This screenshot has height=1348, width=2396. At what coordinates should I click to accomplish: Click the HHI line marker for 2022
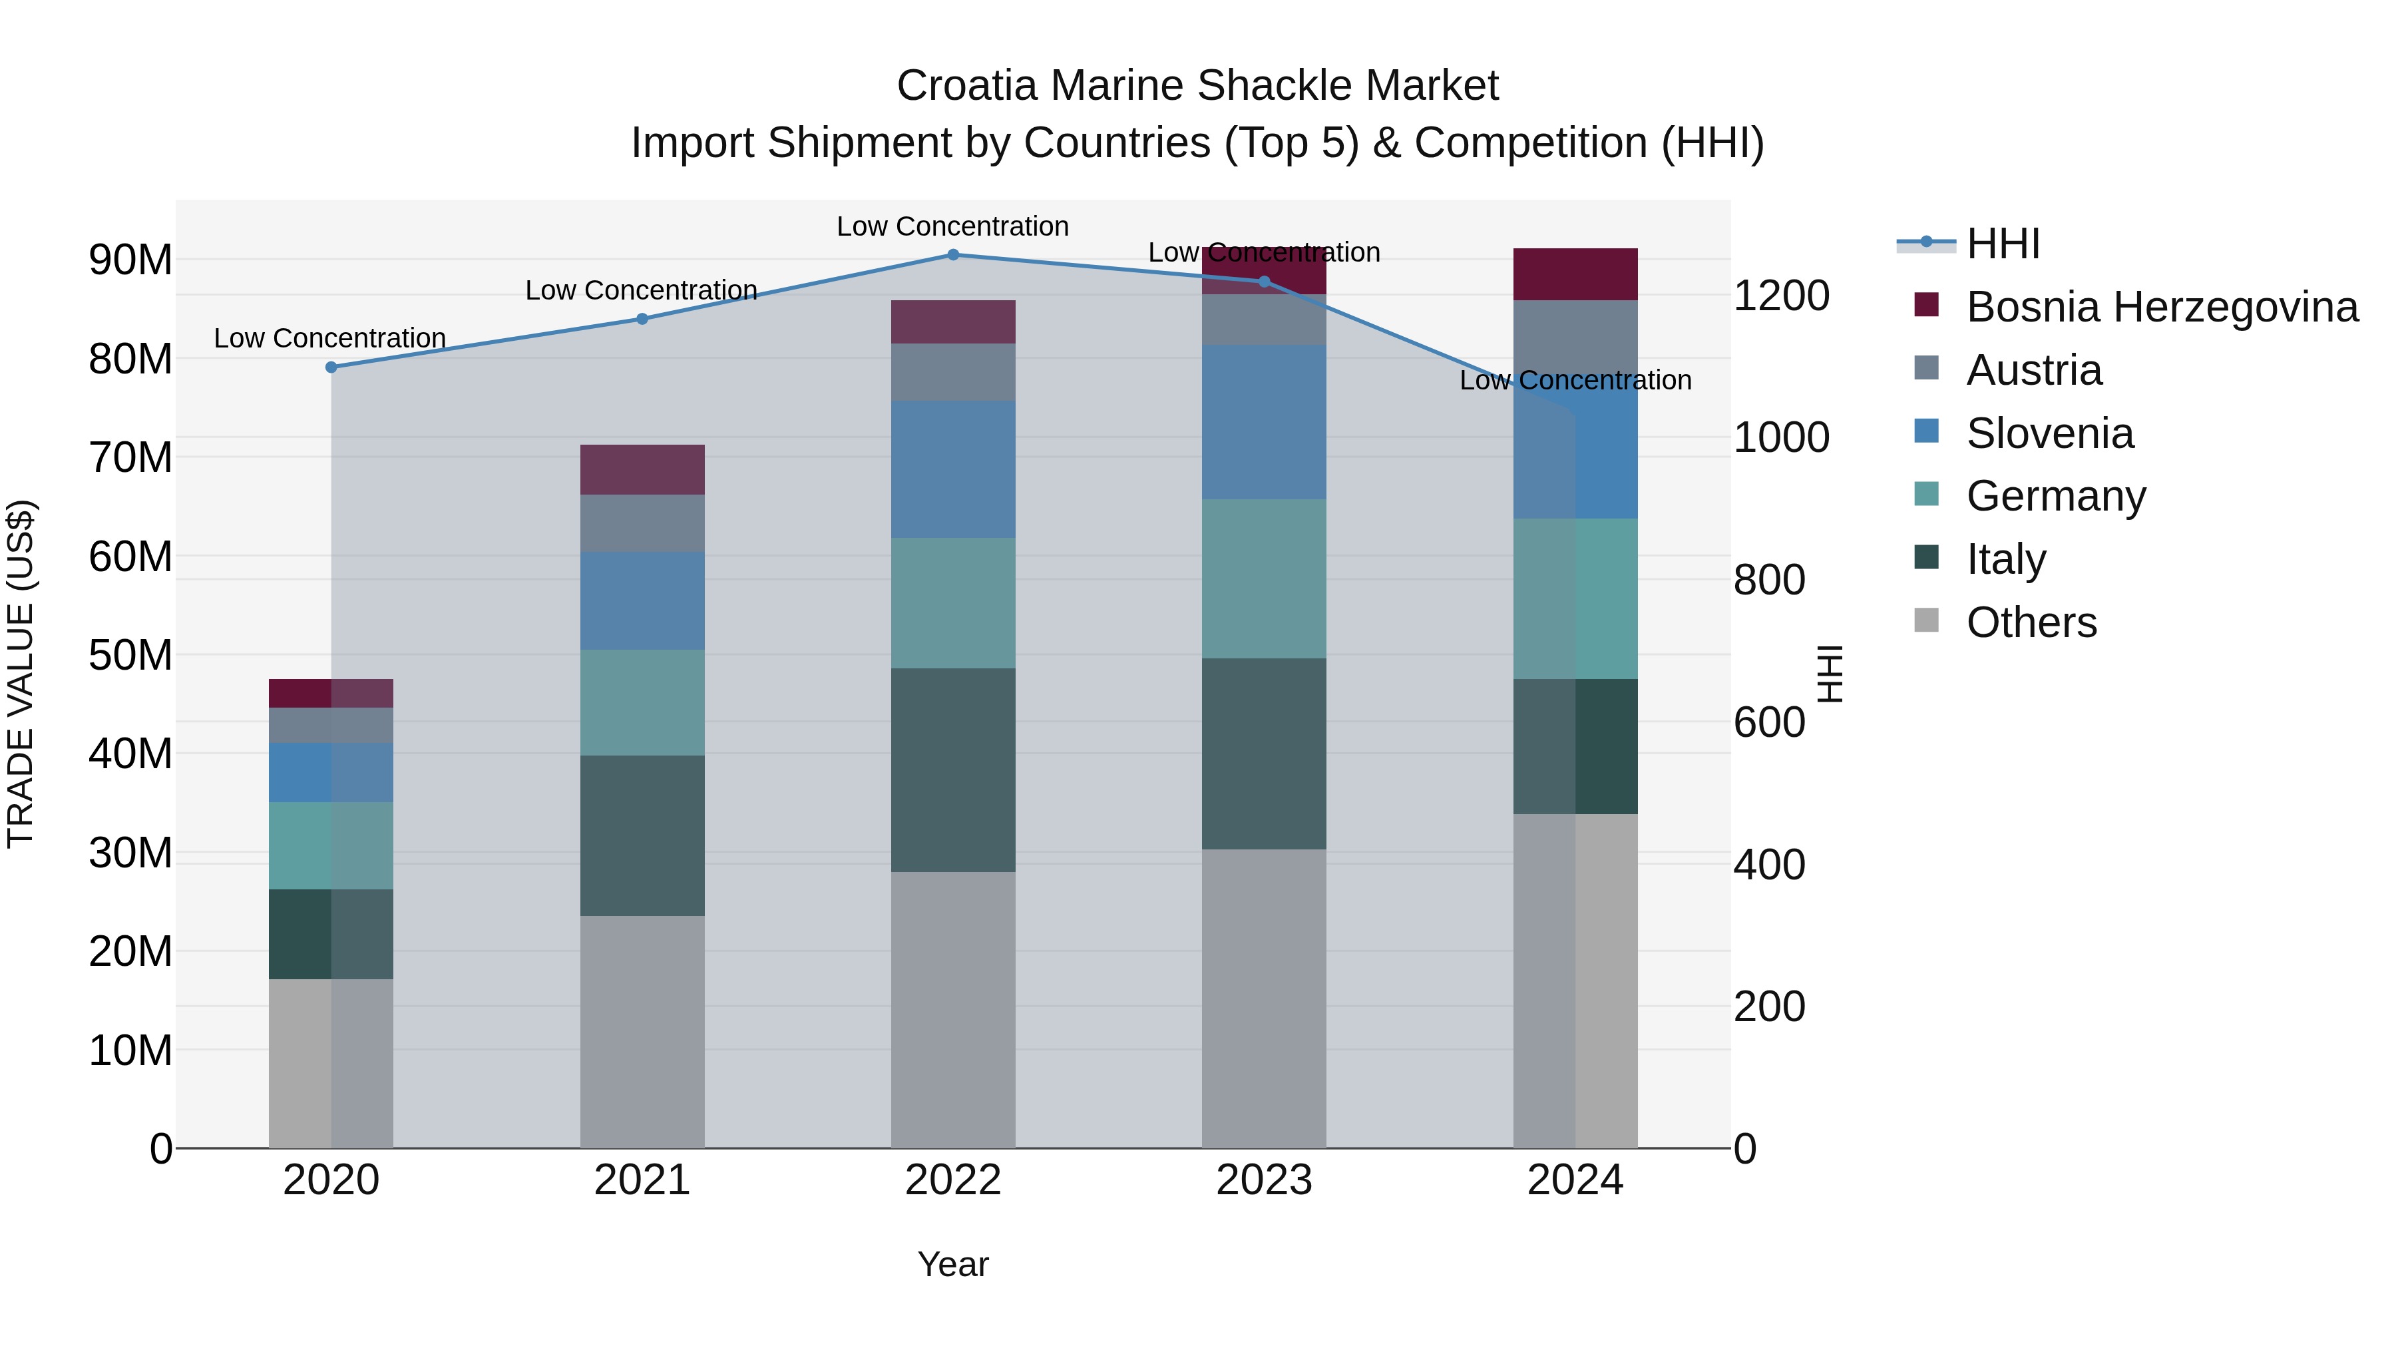952,254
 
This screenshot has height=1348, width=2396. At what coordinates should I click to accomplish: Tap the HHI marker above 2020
331,367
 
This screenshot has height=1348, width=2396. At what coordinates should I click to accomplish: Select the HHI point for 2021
642,319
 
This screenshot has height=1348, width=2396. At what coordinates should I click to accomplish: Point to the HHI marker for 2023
1264,282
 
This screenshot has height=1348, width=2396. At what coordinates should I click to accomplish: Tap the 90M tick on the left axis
130,260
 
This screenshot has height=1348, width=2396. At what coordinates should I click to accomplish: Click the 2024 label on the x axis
1575,1180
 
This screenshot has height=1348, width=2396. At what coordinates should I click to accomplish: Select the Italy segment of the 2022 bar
952,770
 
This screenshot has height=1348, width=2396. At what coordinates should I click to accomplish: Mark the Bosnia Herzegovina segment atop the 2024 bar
1575,274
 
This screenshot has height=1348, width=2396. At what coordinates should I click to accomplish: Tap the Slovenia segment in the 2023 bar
1264,422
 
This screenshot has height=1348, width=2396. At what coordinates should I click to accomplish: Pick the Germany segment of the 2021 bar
642,702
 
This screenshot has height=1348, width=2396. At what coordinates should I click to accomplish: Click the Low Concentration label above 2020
330,339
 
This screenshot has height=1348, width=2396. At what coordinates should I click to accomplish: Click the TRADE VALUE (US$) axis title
21,674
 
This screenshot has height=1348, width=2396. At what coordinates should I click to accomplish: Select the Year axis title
952,1264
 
